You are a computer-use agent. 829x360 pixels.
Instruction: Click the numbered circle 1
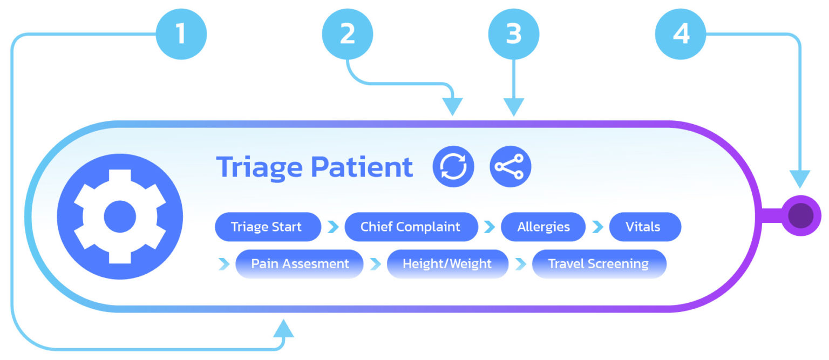click(181, 34)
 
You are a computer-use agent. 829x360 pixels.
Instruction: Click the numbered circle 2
click(347, 34)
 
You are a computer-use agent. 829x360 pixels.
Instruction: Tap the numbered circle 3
click(513, 34)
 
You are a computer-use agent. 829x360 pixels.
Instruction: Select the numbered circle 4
click(680, 34)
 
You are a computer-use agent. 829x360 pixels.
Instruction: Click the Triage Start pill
click(267, 227)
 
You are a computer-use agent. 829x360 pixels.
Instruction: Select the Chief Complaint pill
click(411, 227)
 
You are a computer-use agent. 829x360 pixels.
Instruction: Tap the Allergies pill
click(543, 227)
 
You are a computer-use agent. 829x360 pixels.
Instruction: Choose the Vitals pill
click(644, 227)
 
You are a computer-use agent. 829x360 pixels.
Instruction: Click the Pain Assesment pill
click(300, 264)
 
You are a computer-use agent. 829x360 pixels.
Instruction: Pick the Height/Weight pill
click(447, 264)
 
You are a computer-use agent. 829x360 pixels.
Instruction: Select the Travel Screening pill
click(599, 264)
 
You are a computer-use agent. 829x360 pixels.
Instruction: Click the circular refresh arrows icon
click(453, 167)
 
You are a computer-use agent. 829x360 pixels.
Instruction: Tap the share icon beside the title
click(510, 167)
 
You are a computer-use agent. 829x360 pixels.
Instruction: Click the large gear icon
click(120, 216)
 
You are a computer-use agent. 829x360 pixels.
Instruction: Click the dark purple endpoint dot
click(800, 215)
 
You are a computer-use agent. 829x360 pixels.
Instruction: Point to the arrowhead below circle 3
click(513, 107)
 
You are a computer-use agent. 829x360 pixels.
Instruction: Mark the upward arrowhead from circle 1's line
click(284, 328)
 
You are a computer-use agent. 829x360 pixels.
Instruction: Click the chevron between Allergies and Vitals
click(597, 227)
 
